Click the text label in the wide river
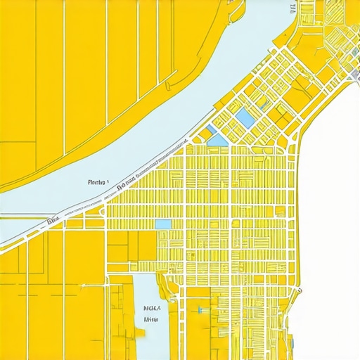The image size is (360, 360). (97, 182)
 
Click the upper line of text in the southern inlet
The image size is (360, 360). (151, 307)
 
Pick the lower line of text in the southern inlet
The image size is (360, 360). (150, 319)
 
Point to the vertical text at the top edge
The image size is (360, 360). (291, 8)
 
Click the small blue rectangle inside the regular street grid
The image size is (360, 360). (162, 224)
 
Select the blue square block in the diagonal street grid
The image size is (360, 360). (245, 116)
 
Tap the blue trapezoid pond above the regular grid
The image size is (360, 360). (217, 140)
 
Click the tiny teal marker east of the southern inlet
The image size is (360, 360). (200, 309)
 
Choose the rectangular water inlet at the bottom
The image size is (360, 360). (148, 330)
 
